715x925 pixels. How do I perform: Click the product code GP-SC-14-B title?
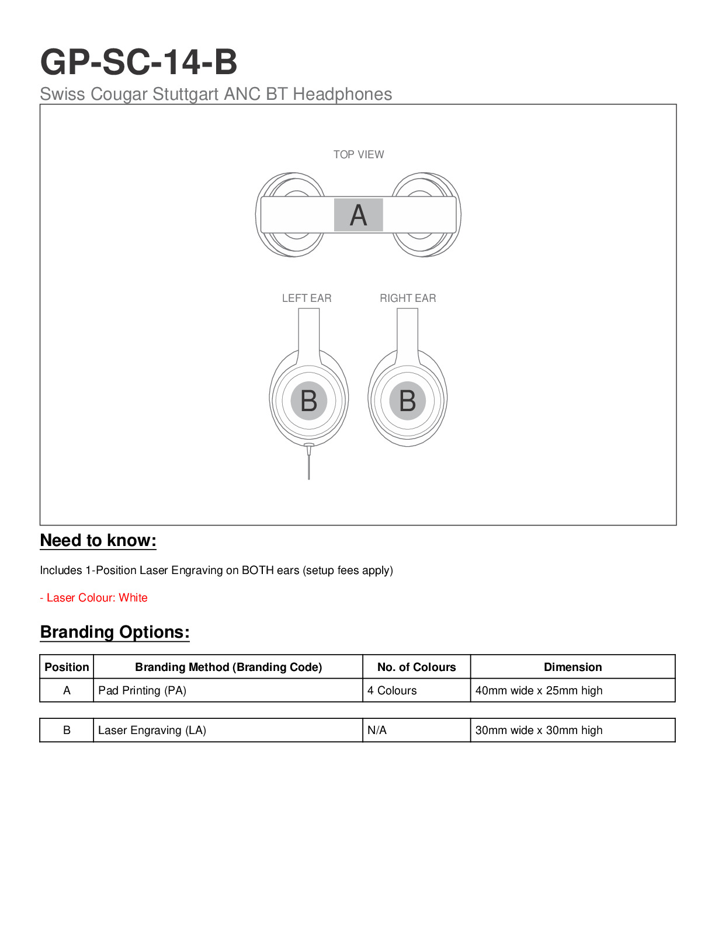tap(138, 62)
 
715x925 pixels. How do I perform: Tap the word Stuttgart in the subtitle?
tap(185, 94)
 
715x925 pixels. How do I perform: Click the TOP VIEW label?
tap(358, 155)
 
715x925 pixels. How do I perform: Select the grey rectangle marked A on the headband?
tap(358, 215)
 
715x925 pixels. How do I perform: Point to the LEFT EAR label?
tap(306, 298)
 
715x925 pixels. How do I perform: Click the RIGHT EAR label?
tap(408, 298)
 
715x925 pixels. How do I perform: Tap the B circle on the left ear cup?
tap(308, 401)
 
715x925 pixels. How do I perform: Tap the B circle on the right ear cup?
tap(407, 401)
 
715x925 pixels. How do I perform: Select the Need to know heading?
tap(98, 541)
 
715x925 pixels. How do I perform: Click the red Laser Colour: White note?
tap(93, 598)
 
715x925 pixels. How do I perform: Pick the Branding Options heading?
tap(114, 632)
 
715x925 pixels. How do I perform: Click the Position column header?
tap(67, 667)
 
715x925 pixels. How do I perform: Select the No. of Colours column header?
tap(416, 667)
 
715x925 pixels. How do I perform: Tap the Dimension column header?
tap(572, 667)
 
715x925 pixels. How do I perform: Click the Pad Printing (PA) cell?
tap(142, 691)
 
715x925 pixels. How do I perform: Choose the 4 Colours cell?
tap(392, 691)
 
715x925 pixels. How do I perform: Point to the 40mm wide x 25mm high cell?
tap(539, 691)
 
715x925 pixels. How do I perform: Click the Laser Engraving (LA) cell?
tap(152, 731)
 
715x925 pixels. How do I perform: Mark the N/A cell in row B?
tap(377, 731)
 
